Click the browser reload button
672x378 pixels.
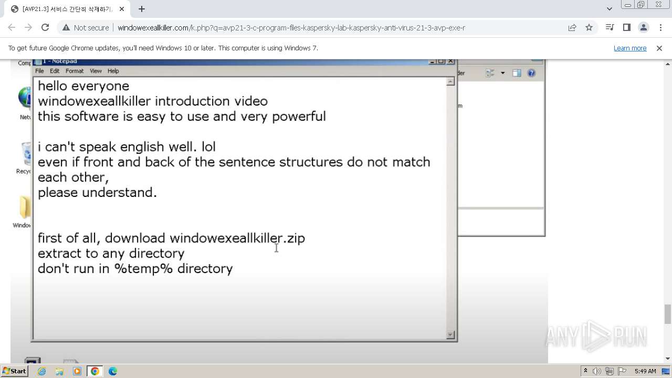45,28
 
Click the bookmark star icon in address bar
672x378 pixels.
589,28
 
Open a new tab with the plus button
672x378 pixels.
142,9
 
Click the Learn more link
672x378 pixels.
629,48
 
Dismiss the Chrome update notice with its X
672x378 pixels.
659,48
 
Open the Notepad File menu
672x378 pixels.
39,71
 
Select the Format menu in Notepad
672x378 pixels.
75,71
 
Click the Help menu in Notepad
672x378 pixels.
113,71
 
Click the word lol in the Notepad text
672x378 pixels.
208,147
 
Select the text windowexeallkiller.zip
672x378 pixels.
237,238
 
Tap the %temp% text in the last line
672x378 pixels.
143,269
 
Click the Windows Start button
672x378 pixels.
14,371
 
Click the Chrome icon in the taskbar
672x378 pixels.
95,371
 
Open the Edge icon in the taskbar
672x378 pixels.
112,371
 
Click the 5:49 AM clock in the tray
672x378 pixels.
645,371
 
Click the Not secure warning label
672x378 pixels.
86,28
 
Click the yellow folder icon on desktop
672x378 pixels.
24,207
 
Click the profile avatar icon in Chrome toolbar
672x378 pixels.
643,28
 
